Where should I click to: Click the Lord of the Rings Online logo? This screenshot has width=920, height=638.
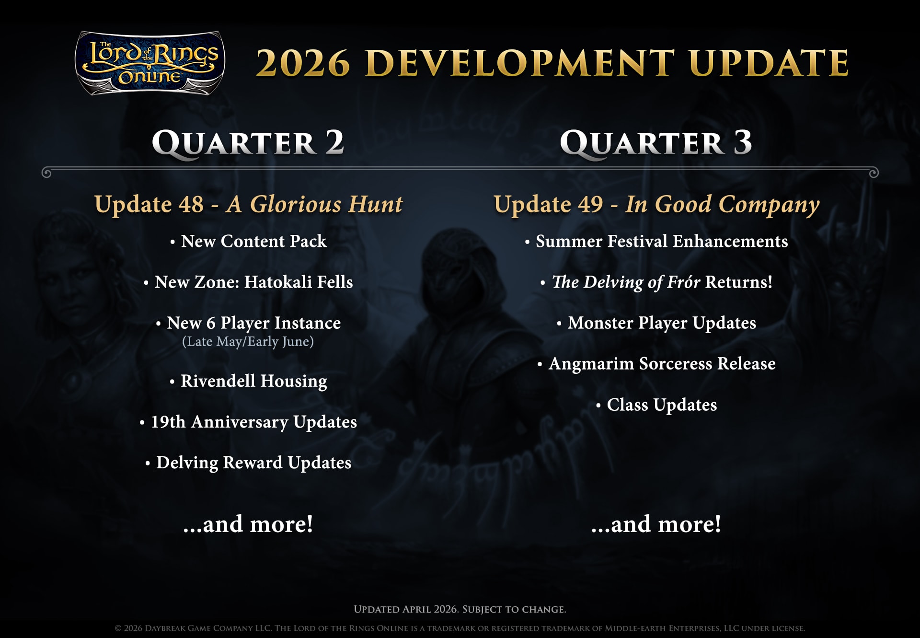tap(150, 63)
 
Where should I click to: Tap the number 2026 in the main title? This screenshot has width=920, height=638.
tap(303, 63)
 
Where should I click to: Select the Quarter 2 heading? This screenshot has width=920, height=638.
tap(248, 143)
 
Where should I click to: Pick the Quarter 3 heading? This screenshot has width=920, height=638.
tap(655, 143)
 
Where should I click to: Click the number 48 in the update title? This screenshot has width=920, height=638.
tap(191, 204)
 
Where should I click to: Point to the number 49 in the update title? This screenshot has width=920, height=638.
tap(590, 204)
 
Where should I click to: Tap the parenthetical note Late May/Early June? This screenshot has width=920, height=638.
tap(248, 341)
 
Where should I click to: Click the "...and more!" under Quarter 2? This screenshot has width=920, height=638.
tap(248, 524)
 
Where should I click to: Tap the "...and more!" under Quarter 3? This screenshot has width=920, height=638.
tap(655, 524)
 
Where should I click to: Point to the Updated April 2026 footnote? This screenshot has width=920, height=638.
tap(460, 609)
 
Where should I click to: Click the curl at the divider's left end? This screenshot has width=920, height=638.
tap(46, 173)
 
